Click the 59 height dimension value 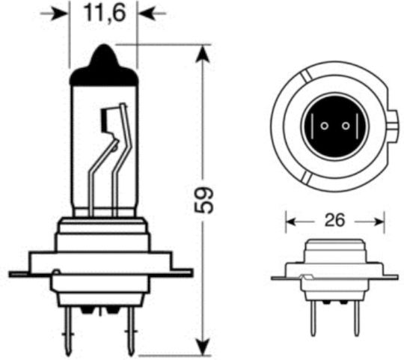point(203,200)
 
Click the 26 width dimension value point(334,220)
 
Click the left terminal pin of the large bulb point(68,330)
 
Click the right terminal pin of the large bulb point(132,330)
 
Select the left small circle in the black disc point(325,126)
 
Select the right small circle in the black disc point(346,126)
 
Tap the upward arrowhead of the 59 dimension point(203,54)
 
